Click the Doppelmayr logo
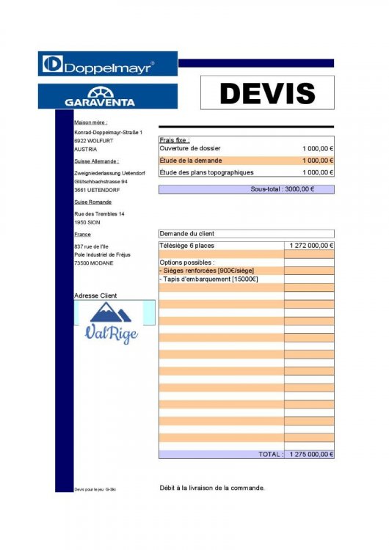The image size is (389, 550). point(107,65)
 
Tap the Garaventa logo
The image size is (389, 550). point(107,96)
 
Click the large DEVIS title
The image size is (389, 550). point(267,92)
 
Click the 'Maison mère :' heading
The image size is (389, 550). point(91,122)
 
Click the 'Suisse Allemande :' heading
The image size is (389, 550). point(96,161)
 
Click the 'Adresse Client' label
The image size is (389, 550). point(95,296)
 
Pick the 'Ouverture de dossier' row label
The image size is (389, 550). point(190,148)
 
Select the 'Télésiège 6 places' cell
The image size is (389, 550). point(187,246)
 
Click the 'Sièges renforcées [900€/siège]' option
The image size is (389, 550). point(206,271)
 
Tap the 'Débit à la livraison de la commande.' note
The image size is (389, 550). point(212,488)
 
